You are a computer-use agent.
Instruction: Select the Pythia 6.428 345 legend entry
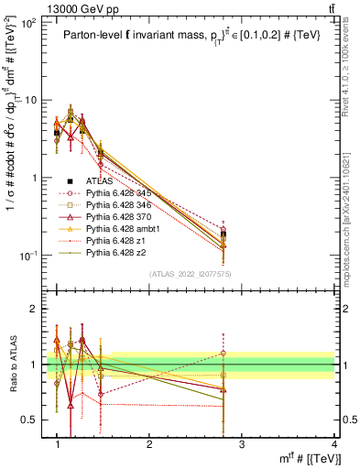[x=122, y=193]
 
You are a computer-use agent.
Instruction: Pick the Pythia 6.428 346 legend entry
[x=122, y=205]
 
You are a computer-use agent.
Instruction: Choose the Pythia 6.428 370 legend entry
[x=122, y=216]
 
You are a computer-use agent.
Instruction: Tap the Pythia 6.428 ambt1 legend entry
[x=125, y=228]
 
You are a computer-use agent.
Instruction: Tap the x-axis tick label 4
[x=333, y=444]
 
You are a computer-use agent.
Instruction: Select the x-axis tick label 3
[x=242, y=444]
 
